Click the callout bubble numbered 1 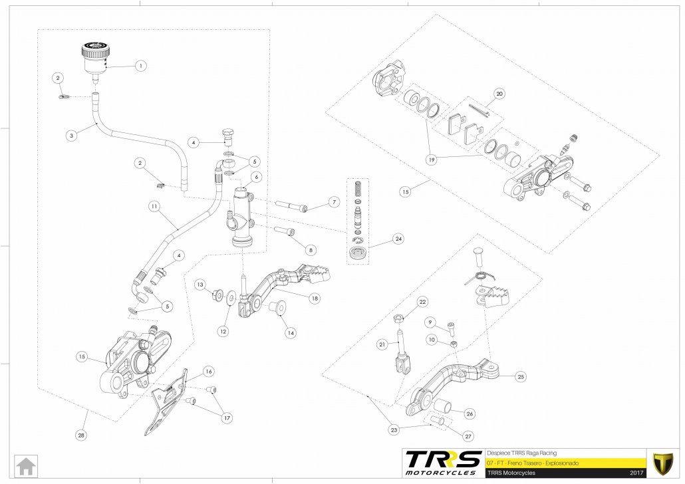[x=140, y=66]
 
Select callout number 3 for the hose [x=72, y=134]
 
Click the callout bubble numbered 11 [x=154, y=207]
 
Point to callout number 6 [x=255, y=177]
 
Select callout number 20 [x=500, y=94]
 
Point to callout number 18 [x=315, y=299]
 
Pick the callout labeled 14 [x=289, y=332]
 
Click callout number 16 [x=208, y=371]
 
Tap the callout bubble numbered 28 [x=81, y=435]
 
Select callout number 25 [x=521, y=377]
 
